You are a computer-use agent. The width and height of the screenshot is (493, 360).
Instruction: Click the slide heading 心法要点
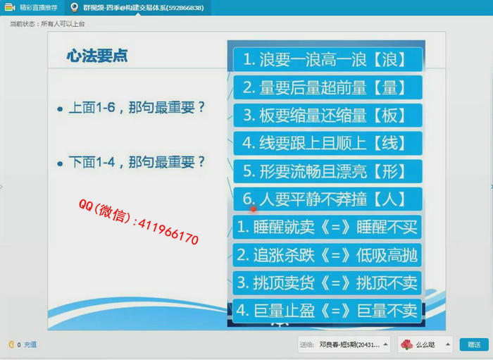click(97, 56)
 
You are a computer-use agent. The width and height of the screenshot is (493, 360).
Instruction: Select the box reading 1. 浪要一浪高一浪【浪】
click(327, 59)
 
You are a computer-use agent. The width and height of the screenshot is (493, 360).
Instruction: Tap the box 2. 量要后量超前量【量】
click(327, 87)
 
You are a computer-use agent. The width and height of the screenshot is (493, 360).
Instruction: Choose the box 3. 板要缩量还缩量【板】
click(327, 116)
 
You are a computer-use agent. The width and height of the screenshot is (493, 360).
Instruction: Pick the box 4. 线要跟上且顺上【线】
click(327, 144)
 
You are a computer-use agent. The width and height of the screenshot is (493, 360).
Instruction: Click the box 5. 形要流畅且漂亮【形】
click(327, 171)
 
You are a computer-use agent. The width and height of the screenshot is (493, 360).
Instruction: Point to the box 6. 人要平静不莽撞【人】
click(327, 199)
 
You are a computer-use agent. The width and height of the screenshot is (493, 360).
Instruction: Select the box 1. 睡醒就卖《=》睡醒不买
click(327, 227)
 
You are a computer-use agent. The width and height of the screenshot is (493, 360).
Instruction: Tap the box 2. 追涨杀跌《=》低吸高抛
click(327, 255)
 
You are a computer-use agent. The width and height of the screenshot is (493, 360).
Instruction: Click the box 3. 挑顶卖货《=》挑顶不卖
click(327, 283)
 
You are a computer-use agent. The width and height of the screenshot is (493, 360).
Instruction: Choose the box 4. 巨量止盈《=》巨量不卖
click(327, 311)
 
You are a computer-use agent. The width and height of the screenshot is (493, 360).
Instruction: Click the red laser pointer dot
click(253, 209)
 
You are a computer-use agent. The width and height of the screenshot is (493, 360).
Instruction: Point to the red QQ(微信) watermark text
click(138, 222)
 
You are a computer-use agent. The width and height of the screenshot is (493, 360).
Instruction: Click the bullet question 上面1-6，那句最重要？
click(132, 108)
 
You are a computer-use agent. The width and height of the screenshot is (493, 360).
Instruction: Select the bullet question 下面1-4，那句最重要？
click(132, 162)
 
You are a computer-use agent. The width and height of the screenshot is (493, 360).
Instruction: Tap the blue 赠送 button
click(474, 345)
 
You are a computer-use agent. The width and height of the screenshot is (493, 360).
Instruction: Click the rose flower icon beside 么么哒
click(406, 345)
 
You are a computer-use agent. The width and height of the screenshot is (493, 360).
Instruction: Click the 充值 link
click(30, 345)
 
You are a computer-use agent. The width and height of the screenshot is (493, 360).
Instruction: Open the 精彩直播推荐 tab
click(31, 7)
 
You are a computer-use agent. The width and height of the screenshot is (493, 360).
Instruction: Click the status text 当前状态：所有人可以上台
click(47, 24)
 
